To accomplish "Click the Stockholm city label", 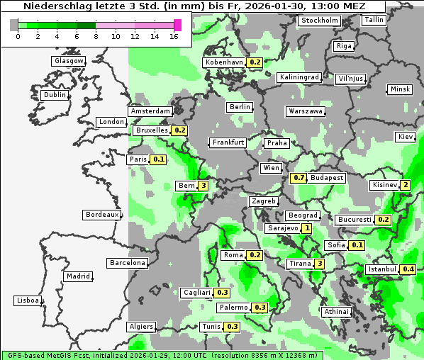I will (x=320, y=21).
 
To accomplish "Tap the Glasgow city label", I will (x=69, y=61).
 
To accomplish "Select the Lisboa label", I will (x=28, y=300).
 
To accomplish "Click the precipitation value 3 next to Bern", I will (x=203, y=186).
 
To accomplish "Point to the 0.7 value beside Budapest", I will (x=299, y=178).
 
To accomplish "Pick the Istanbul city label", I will (x=383, y=269).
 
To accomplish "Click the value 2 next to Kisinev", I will (x=405, y=186).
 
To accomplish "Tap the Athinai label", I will (x=336, y=312).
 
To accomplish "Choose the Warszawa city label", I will (x=306, y=111).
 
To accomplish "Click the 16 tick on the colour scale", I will (x=174, y=35).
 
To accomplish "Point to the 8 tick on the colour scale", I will (x=96, y=35).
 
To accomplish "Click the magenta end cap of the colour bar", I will (x=177, y=25).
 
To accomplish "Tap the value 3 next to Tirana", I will (x=320, y=264).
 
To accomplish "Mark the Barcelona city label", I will (x=128, y=263).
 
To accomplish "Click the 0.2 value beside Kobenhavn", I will (x=255, y=62).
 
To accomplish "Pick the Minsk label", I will (x=400, y=89).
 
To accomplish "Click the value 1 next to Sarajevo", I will (x=306, y=228).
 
